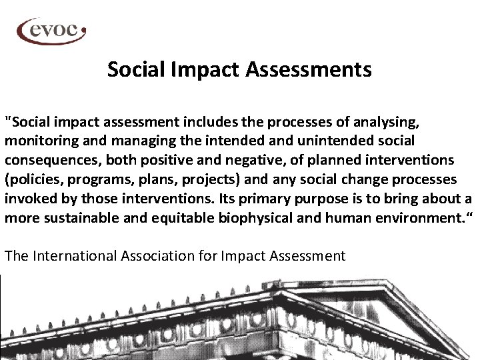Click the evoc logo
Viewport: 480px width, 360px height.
(51, 30)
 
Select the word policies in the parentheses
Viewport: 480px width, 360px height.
(34, 180)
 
